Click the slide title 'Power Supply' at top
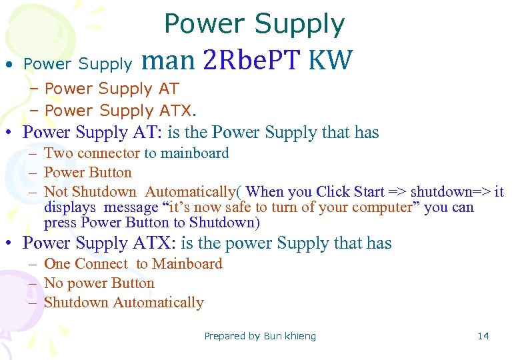click(254, 25)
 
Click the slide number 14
click(483, 336)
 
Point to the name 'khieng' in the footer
click(301, 336)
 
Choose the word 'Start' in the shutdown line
click(369, 192)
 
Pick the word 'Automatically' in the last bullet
click(158, 303)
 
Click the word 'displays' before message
click(67, 207)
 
